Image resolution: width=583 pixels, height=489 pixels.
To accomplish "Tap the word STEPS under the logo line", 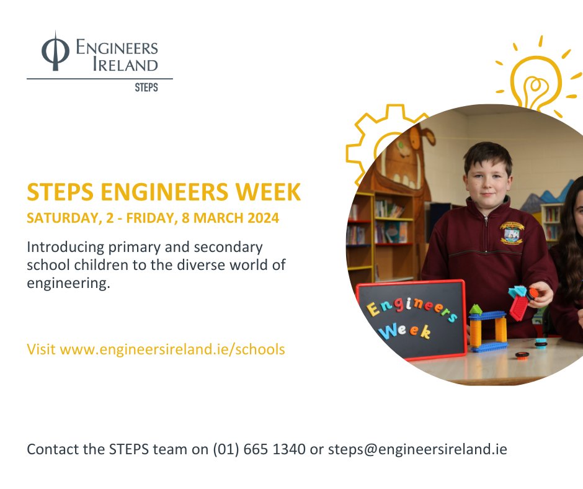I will pos(146,87).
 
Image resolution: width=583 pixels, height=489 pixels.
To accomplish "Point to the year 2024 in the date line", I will pos(262,218).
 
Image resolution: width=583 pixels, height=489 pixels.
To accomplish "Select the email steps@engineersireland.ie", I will pos(417,449).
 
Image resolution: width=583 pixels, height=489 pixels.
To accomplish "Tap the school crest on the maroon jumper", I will pos(512,232).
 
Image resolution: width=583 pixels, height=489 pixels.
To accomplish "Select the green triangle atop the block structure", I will pos(476,308).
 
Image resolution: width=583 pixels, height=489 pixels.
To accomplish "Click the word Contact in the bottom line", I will pos(51,449).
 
